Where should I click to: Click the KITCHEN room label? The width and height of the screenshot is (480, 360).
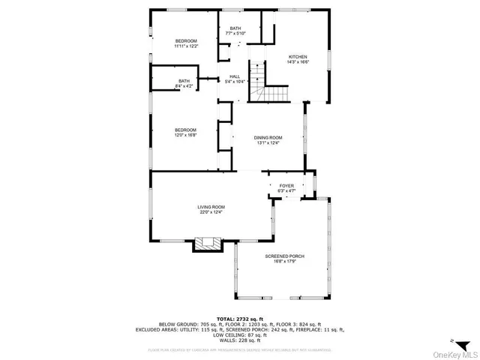click(298, 57)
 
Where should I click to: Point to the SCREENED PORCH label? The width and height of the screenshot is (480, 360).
click(284, 256)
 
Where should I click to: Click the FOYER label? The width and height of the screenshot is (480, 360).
click(286, 186)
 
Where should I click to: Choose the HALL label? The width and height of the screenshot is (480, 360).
click(234, 76)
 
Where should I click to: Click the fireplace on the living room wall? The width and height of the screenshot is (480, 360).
click(208, 244)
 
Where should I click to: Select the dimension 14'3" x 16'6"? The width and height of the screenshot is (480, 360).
click(298, 62)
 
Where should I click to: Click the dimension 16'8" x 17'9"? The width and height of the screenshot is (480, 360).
click(284, 262)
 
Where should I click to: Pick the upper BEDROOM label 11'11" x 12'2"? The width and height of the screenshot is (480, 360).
click(186, 40)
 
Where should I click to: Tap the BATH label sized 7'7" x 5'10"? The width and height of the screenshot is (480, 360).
click(235, 28)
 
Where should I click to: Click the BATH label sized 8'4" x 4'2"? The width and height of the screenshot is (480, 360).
click(184, 81)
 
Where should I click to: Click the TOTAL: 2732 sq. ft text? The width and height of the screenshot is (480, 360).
click(239, 319)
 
